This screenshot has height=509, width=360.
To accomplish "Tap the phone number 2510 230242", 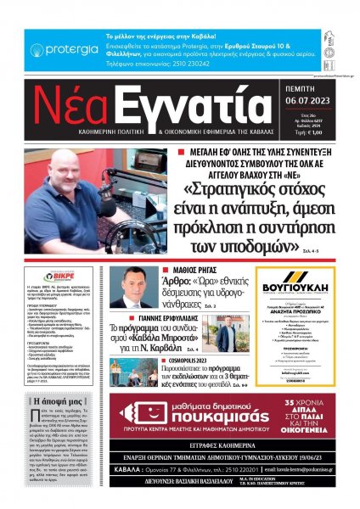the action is [x=167, y=64].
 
